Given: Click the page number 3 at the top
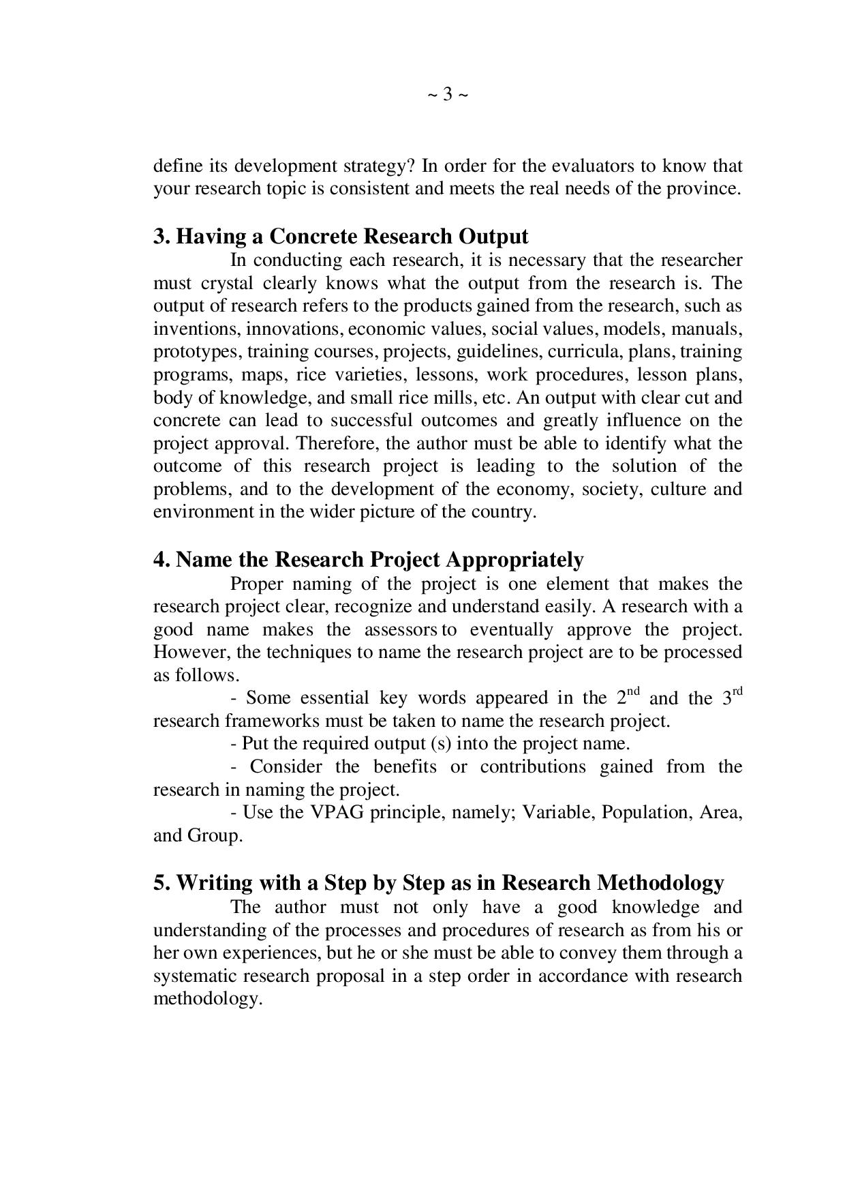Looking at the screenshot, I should (x=448, y=94).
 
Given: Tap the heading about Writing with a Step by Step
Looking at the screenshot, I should (x=438, y=882).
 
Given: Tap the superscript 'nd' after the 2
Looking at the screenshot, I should (x=633, y=691).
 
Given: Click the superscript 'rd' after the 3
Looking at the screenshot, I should (x=737, y=691).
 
